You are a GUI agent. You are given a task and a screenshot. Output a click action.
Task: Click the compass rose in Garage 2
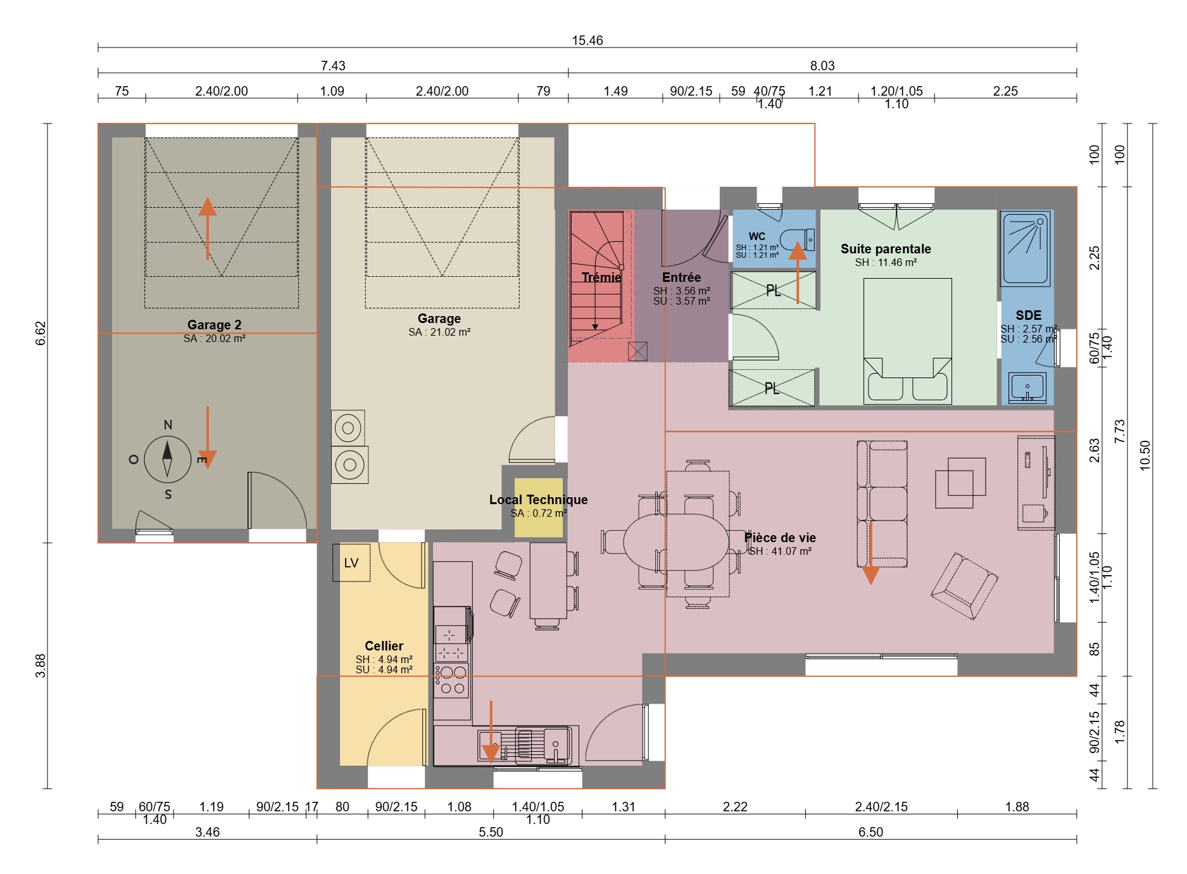tap(167, 459)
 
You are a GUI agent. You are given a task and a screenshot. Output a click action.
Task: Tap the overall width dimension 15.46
tap(587, 41)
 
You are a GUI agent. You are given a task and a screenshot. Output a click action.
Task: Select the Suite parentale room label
tap(886, 249)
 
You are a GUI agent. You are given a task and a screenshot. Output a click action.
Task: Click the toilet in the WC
tap(797, 240)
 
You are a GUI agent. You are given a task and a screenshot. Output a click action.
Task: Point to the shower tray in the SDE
tap(1026, 249)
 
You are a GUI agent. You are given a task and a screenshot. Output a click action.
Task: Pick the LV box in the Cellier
tap(351, 562)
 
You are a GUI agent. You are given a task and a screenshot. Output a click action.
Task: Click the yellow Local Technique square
tap(539, 508)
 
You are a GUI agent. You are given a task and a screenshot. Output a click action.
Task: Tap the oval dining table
tap(676, 541)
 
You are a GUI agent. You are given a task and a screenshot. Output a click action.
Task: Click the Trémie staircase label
tap(601, 277)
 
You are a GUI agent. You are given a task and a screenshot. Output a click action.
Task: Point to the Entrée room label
tap(682, 277)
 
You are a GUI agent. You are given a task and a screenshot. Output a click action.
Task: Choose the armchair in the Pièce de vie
tap(964, 586)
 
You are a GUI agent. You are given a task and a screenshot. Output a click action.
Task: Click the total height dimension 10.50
tap(1145, 455)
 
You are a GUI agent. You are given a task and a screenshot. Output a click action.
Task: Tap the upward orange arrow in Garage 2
tap(208, 228)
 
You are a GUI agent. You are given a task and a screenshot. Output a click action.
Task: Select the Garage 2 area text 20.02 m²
tap(215, 339)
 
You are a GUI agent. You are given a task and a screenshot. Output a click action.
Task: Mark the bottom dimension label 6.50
tap(870, 832)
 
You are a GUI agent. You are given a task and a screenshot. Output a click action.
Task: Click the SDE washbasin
tap(1027, 387)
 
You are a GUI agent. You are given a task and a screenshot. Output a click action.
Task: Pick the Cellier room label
tap(384, 646)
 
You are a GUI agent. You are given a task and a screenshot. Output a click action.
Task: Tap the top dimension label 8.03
tap(822, 66)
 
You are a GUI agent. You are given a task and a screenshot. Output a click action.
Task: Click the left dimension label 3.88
tap(41, 666)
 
